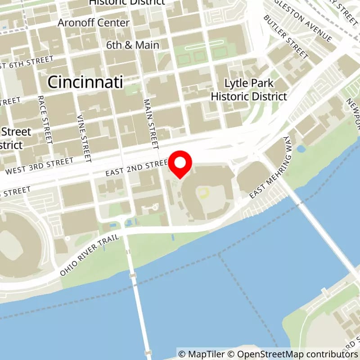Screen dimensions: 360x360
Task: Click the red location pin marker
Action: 180,164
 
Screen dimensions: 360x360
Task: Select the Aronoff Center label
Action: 94,22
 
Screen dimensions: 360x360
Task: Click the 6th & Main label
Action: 133,45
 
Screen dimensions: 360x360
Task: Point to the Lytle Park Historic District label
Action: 249,90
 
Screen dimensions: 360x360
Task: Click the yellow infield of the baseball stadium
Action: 205,193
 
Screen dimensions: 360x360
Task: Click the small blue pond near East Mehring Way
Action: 301,148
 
